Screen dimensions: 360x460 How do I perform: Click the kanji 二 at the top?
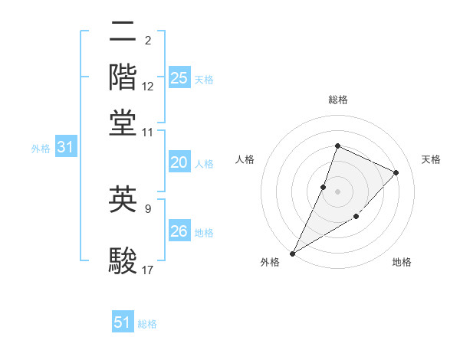(123, 32)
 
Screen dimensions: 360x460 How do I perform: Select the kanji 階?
(123, 77)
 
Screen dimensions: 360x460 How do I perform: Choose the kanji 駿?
(123, 260)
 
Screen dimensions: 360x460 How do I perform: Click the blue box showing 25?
(179, 77)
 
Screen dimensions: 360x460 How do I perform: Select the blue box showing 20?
(179, 162)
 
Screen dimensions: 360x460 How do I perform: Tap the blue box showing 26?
(179, 231)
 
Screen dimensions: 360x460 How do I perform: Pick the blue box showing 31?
(65, 148)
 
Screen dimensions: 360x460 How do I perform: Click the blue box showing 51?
(123, 322)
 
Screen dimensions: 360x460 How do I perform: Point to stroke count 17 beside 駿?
(148, 270)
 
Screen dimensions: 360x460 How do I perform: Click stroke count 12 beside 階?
(148, 87)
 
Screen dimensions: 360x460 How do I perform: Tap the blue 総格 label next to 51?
(147, 324)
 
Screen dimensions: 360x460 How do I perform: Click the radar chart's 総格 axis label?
(337, 100)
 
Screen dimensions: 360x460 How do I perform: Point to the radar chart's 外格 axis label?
(270, 263)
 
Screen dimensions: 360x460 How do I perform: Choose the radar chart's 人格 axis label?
(245, 159)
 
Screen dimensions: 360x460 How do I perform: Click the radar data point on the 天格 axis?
(396, 172)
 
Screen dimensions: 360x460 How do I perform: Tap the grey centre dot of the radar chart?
(337, 191)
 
